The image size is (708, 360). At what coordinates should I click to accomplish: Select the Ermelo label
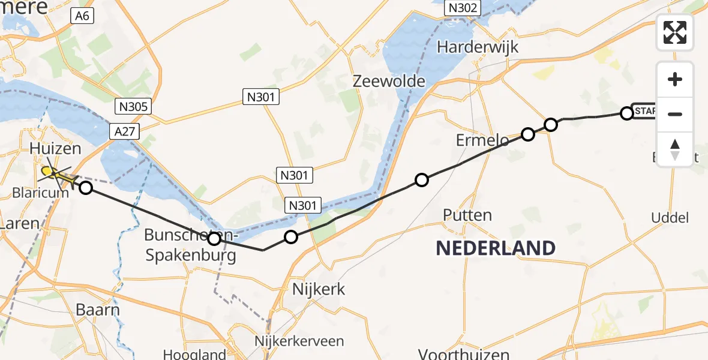pos(482,140)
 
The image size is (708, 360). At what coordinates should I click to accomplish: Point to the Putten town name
pos(467,215)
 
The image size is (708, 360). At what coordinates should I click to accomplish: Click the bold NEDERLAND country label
pos(495,247)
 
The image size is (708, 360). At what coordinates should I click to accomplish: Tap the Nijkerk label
pos(318,289)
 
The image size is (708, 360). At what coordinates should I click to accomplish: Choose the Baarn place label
pos(98,310)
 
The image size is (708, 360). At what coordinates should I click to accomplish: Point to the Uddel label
pos(670,218)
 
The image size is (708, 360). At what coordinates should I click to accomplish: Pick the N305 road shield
pos(133,107)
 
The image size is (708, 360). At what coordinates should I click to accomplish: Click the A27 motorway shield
pos(126,131)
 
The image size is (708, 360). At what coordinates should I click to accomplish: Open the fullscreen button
pos(675,32)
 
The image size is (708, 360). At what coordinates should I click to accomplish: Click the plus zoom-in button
pos(675,79)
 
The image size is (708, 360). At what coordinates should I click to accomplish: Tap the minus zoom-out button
pos(675,114)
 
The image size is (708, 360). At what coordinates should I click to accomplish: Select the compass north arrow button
pos(675,149)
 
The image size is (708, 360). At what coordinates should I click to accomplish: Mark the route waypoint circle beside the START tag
pos(626,113)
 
